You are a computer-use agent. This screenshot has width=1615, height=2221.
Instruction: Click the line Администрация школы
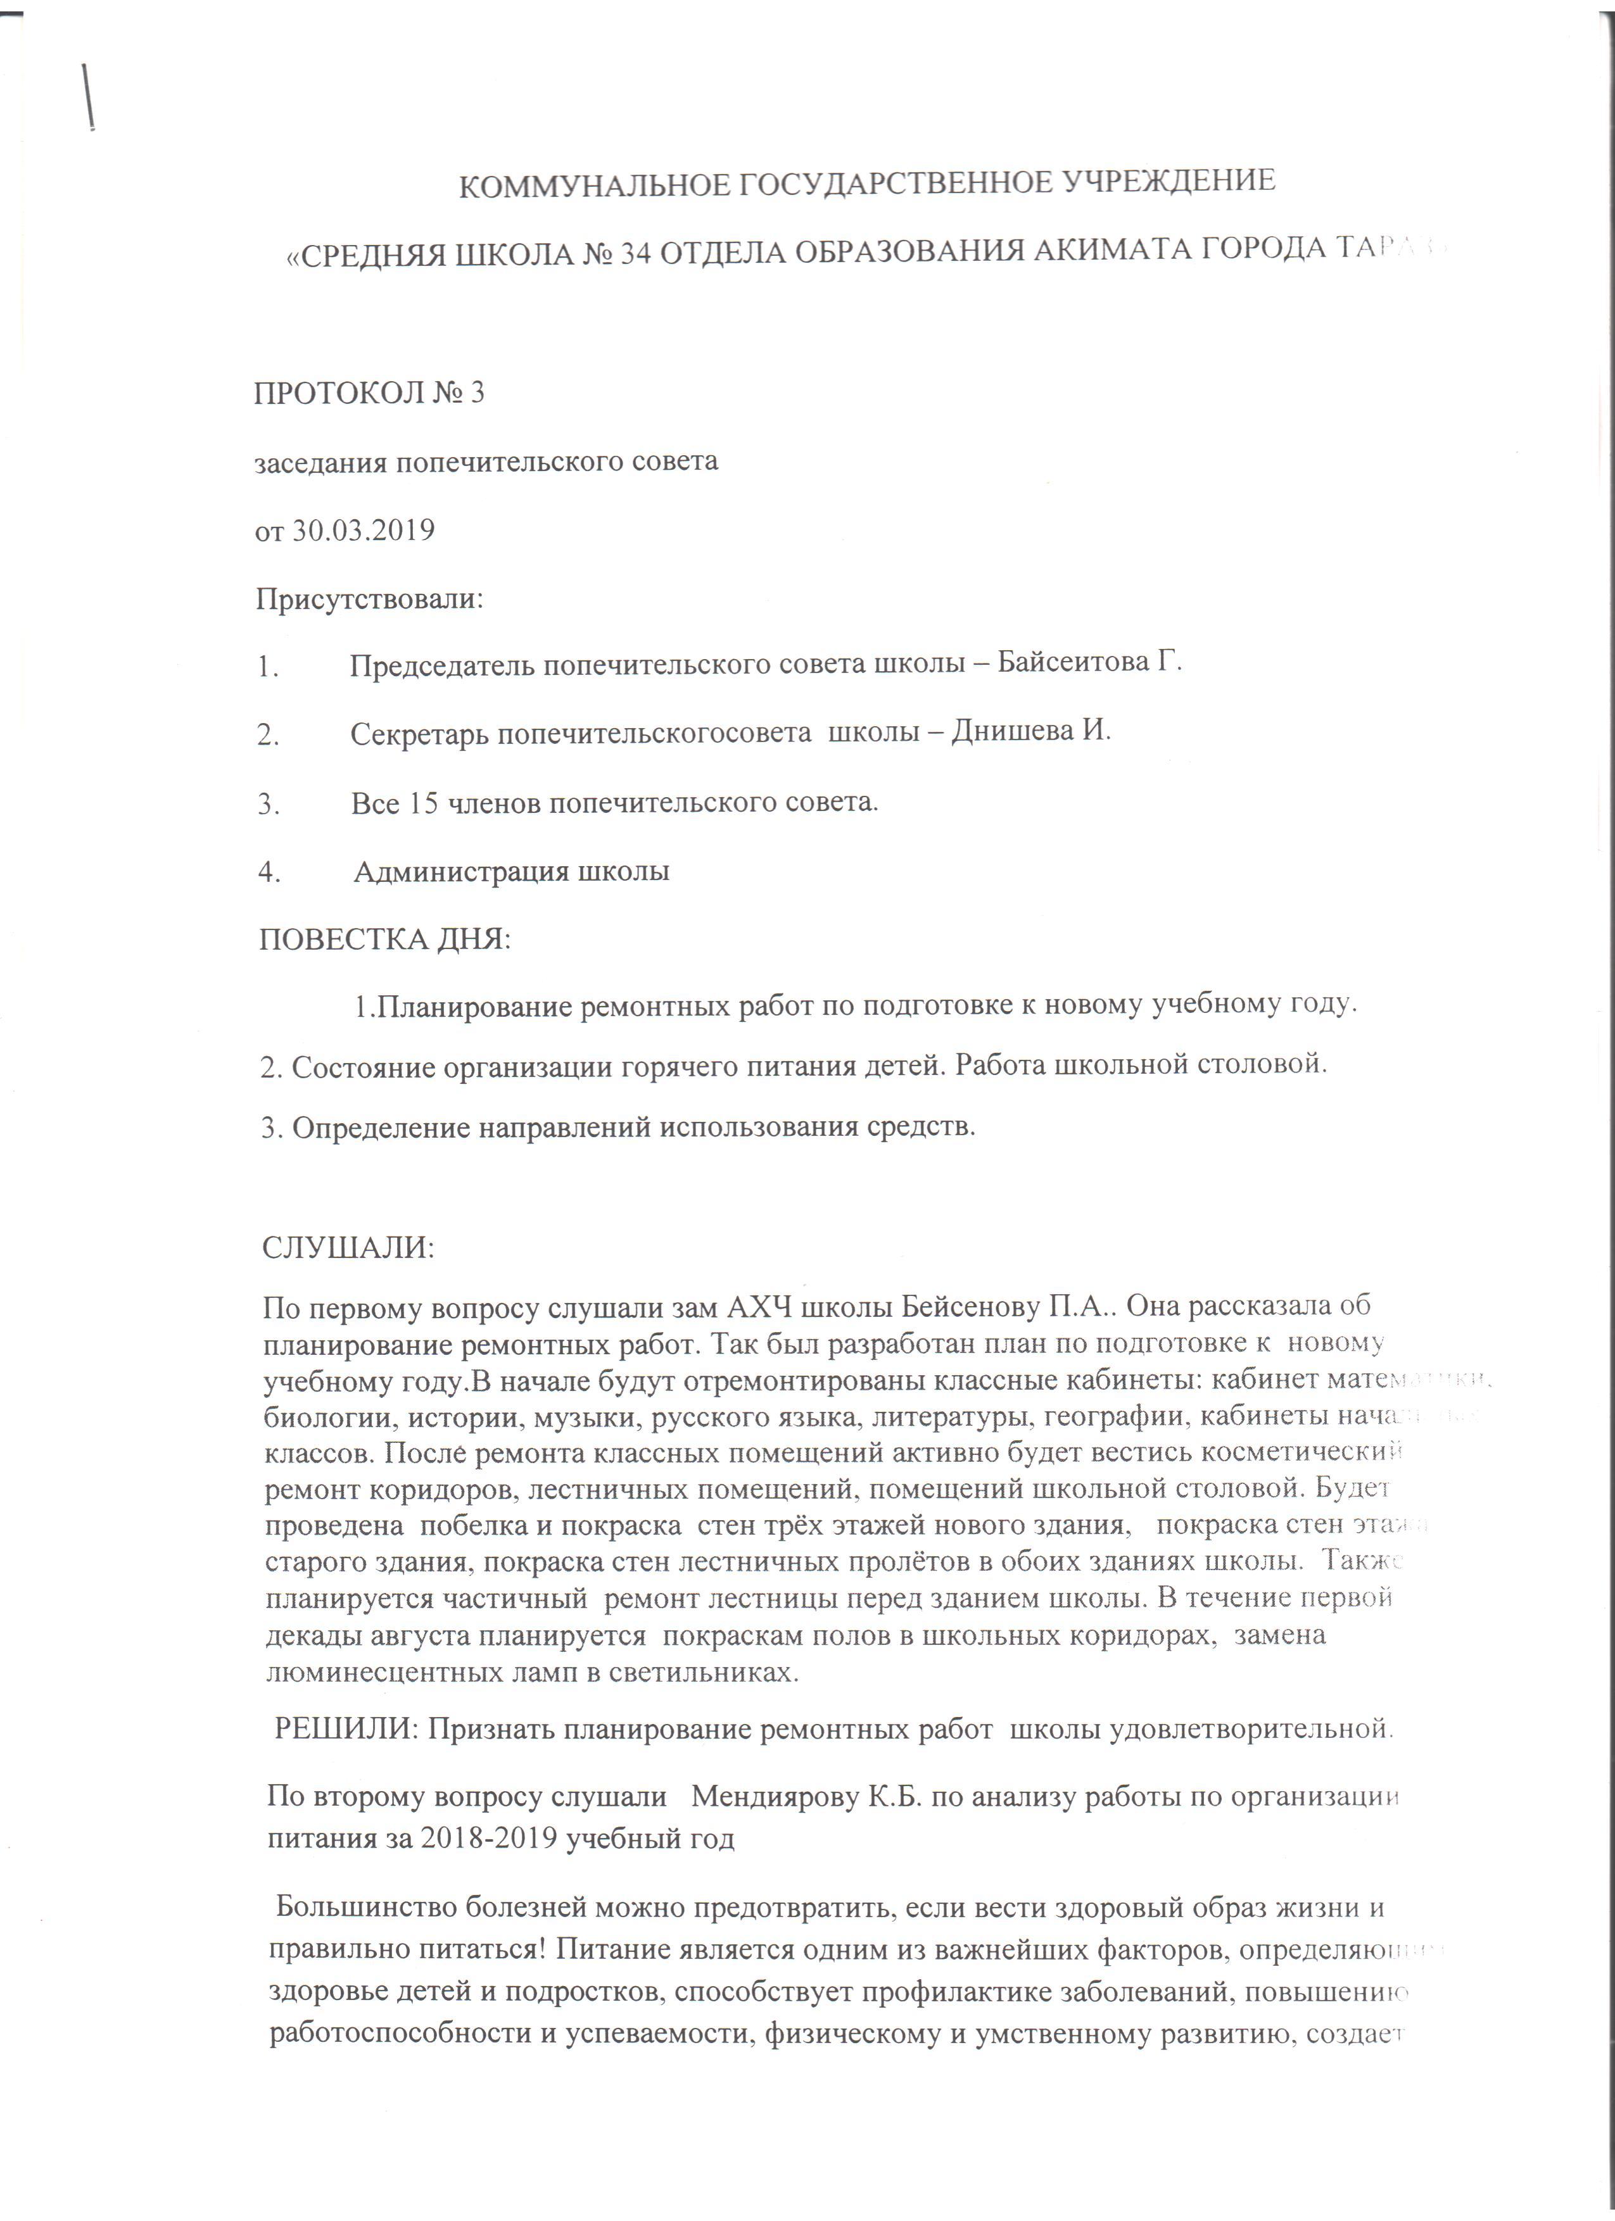[x=511, y=872]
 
